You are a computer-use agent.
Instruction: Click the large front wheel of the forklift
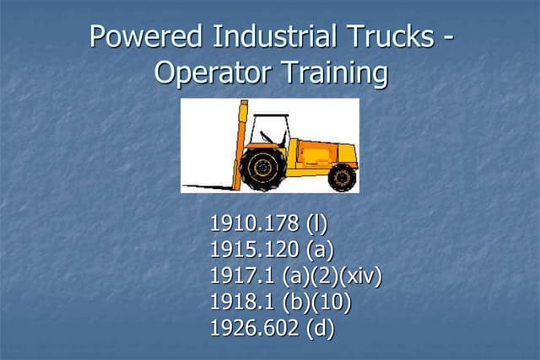point(262,167)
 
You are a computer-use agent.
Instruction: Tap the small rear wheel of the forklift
point(341,176)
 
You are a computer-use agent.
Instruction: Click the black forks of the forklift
point(211,185)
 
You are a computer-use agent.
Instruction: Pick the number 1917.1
point(237,276)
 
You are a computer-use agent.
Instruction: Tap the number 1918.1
point(237,301)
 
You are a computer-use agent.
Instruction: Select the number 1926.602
point(248,327)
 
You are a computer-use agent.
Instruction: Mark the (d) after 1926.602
point(321,327)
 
